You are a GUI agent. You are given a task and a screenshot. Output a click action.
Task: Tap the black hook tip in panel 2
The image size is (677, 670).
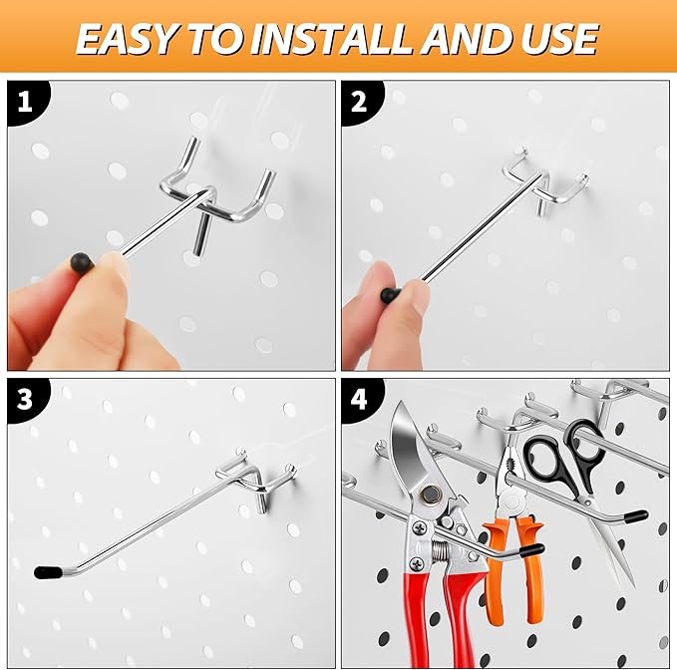coord(390,295)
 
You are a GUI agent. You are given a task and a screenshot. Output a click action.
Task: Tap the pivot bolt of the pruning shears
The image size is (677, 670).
coord(431,495)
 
